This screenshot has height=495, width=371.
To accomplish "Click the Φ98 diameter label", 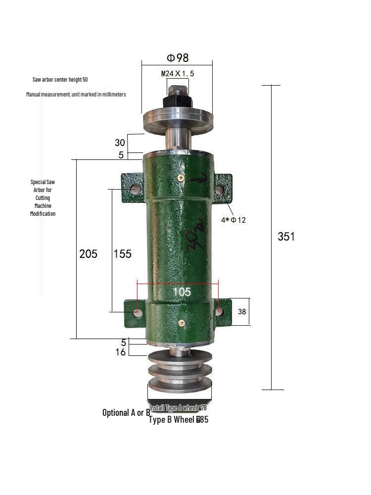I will tap(178, 58).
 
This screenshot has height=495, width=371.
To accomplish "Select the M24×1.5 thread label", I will tap(178, 74).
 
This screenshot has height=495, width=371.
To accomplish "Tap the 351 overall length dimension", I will tap(286, 237).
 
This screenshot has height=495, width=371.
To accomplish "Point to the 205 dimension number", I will tap(88, 254).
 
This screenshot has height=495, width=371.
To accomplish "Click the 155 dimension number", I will tap(122, 254).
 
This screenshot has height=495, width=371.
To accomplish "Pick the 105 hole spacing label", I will tap(182, 292).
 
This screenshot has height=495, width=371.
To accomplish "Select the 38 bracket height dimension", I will tap(242, 312).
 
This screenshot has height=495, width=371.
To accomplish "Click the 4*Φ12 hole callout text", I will tap(233, 220).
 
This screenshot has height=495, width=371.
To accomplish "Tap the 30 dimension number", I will tap(120, 143).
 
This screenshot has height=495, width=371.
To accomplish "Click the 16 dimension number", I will tap(121, 352).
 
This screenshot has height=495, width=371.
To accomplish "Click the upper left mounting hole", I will tap(135, 189).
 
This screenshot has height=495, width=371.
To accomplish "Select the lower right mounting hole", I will tap(220, 312).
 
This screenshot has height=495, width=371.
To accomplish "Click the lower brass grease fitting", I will tap(182, 323).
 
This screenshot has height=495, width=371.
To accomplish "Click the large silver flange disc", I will tap(178, 120).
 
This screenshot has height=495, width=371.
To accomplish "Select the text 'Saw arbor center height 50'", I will tap(60, 80).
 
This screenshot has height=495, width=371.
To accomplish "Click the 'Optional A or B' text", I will tap(126, 412).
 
